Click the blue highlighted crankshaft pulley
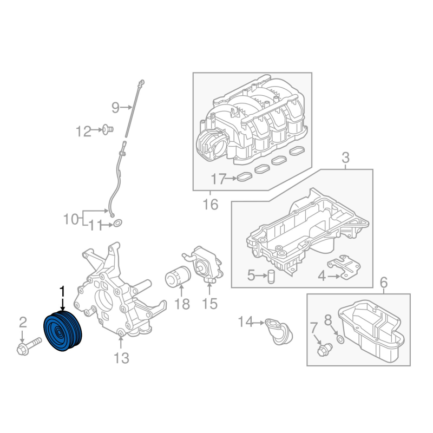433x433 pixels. click(x=63, y=331)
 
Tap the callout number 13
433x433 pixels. click(x=121, y=358)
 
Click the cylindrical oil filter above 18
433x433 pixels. click(x=178, y=276)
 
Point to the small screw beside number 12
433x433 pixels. click(x=107, y=129)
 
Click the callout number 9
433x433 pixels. click(x=115, y=107)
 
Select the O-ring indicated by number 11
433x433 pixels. click(x=118, y=223)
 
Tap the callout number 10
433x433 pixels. click(x=71, y=219)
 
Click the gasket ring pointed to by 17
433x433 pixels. click(x=245, y=177)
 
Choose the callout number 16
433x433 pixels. click(x=211, y=205)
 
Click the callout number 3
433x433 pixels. click(x=345, y=158)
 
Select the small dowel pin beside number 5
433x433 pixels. click(x=272, y=277)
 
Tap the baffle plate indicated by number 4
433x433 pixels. click(x=344, y=266)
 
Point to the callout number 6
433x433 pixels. click(x=384, y=283)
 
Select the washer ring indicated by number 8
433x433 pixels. click(x=341, y=340)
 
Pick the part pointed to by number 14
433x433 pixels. click(x=278, y=331)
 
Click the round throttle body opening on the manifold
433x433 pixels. click(x=210, y=142)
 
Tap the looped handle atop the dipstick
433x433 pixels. click(x=142, y=82)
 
